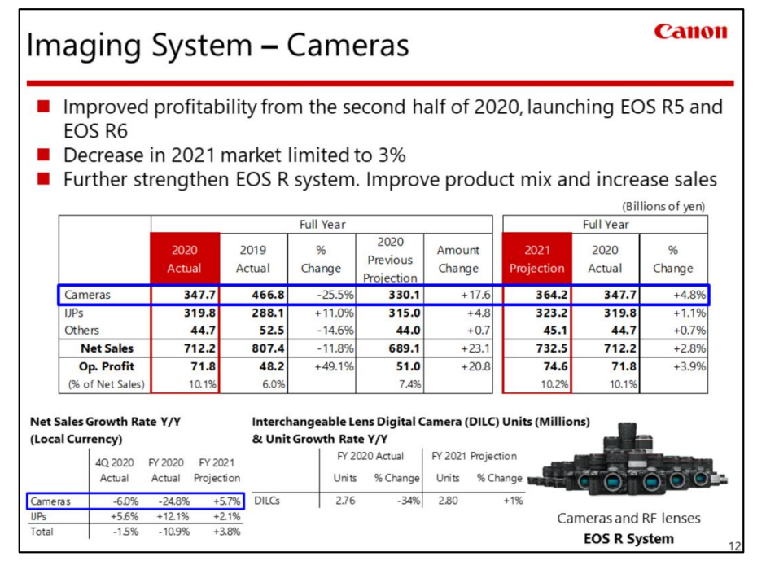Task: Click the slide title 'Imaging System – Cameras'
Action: coord(217,46)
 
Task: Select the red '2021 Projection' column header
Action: coord(536,259)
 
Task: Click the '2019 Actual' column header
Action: coord(252,259)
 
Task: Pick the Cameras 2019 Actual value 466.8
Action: coord(252,295)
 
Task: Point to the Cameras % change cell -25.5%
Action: coord(321,295)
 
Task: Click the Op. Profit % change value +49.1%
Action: coord(321,366)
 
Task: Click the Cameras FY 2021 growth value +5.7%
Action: coord(222,502)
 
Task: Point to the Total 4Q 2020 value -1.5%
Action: coord(120,532)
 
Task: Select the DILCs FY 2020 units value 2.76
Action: coord(345,501)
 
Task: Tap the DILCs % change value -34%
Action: coord(405,501)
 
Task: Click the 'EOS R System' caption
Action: coord(628,538)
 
